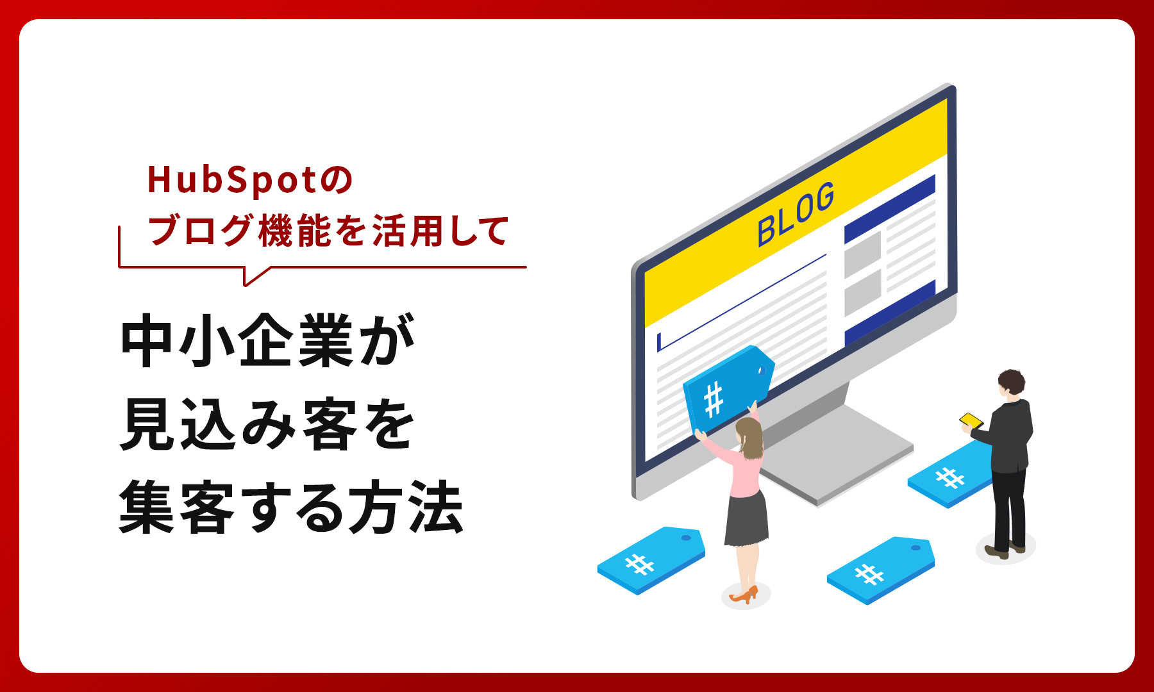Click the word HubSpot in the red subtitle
pyautogui.click(x=231, y=180)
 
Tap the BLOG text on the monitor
pyautogui.click(x=796, y=214)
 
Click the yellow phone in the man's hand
pyautogui.click(x=971, y=420)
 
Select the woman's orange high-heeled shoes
pyautogui.click(x=744, y=595)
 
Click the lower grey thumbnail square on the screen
pyautogui.click(x=862, y=293)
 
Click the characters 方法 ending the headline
pyautogui.click(x=405, y=507)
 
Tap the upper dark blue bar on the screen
pyautogui.click(x=889, y=209)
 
